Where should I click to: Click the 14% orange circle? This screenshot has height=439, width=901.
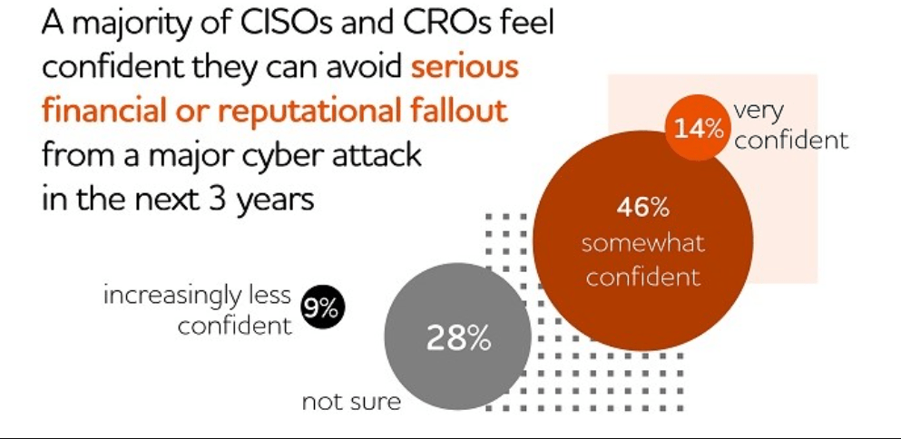pyautogui.click(x=698, y=128)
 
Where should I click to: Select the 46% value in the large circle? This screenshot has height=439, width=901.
pyautogui.click(x=642, y=208)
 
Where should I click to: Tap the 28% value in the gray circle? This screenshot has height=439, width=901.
pyautogui.click(x=458, y=339)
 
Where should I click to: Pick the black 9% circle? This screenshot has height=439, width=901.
pyautogui.click(x=319, y=309)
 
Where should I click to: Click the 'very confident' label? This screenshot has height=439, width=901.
pyautogui.click(x=789, y=126)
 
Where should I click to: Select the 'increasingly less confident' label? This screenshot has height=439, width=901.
pyautogui.click(x=198, y=310)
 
